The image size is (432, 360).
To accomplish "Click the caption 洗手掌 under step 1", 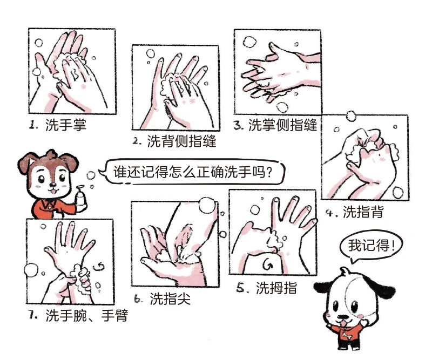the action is (66, 125).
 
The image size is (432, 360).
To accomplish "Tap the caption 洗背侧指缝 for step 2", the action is (182, 141).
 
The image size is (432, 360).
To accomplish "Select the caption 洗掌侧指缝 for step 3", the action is (283, 125).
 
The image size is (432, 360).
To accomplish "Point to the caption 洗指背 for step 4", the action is (363, 212).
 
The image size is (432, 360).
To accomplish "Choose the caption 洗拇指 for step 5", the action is (276, 288).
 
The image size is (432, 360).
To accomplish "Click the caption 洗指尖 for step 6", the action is (170, 298).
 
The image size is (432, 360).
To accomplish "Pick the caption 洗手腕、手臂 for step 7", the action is (87, 315).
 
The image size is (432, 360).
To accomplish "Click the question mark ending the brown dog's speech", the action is (269, 172).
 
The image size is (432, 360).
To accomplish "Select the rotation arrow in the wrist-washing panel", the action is (99, 266).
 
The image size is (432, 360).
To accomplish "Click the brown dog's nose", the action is (52, 184).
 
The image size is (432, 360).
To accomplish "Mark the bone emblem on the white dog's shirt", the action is (346, 336).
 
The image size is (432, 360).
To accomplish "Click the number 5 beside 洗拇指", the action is (240, 288).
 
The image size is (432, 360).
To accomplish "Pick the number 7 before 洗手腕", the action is (32, 315).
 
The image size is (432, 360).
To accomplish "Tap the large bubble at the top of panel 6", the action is (207, 205).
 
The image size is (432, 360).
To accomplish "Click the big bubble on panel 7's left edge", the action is (31, 270).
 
